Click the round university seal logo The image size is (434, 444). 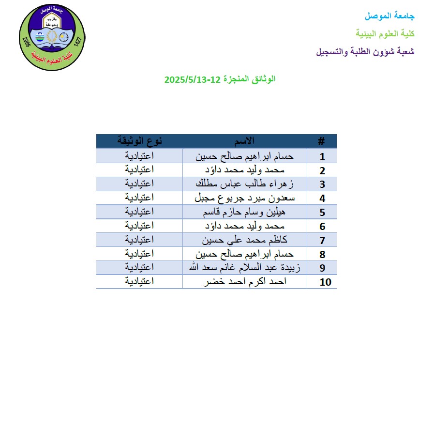point(51,38)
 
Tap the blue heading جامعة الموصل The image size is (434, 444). point(389,16)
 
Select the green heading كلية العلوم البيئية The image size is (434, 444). point(385,33)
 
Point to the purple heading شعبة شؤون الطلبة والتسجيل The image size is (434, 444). point(365,51)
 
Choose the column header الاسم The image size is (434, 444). point(244,141)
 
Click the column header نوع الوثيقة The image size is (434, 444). point(140,141)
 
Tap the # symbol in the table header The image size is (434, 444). point(321,141)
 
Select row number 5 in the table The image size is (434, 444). point(322,213)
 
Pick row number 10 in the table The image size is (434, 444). point(326,282)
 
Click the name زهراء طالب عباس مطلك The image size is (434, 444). point(244,184)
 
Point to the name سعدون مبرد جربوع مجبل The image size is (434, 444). point(244,198)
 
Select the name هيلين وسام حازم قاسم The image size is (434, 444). point(244,212)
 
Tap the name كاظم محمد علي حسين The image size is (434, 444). point(244,240)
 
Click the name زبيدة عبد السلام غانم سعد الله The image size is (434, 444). point(244,268)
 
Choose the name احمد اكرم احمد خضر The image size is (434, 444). point(244,282)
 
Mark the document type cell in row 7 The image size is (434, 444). point(140,240)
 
